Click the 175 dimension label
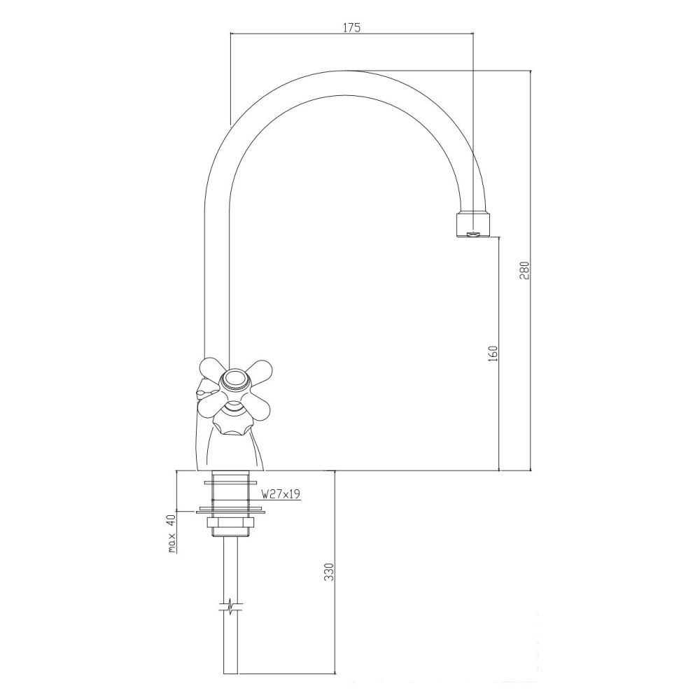coord(351,28)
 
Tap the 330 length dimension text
coord(329,572)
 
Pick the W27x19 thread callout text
coord(281,494)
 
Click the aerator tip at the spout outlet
coord(473,225)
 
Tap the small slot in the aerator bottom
coord(473,234)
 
